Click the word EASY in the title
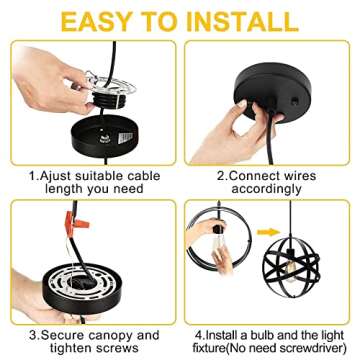96,21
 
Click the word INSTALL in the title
242,21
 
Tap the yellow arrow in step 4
269,232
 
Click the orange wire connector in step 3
76,223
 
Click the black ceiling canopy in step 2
273,92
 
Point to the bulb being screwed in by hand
218,244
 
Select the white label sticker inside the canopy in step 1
125,138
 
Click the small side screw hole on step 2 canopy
295,101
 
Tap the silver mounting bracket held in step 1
112,85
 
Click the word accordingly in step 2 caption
267,189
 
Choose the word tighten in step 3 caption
71,348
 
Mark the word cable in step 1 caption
142,176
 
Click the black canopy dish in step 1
104,136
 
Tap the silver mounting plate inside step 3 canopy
81,283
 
